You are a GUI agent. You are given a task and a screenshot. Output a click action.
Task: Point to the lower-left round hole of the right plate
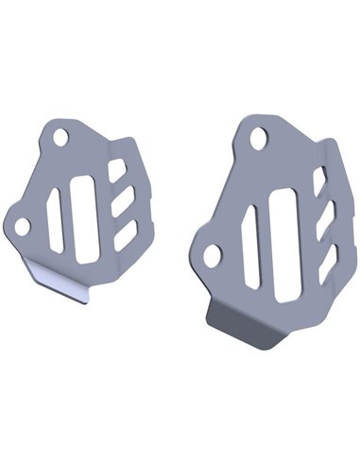[213, 253]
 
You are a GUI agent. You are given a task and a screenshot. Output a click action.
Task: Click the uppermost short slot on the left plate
[117, 170]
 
